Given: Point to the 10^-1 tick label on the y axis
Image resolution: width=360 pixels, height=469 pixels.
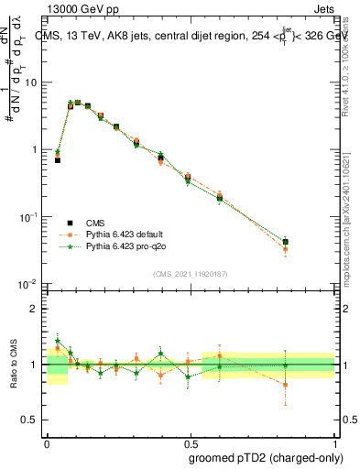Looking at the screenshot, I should click(x=29, y=217).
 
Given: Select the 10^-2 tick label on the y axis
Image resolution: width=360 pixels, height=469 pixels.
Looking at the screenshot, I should click(x=29, y=284).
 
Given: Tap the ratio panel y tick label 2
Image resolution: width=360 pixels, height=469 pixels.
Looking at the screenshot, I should click(x=34, y=309).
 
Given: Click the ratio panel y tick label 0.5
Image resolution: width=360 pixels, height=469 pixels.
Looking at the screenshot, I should click(x=30, y=420).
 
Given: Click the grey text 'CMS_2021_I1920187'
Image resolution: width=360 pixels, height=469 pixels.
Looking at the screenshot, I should click(x=190, y=273).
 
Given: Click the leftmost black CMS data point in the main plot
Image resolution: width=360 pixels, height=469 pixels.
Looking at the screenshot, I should click(x=58, y=159).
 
